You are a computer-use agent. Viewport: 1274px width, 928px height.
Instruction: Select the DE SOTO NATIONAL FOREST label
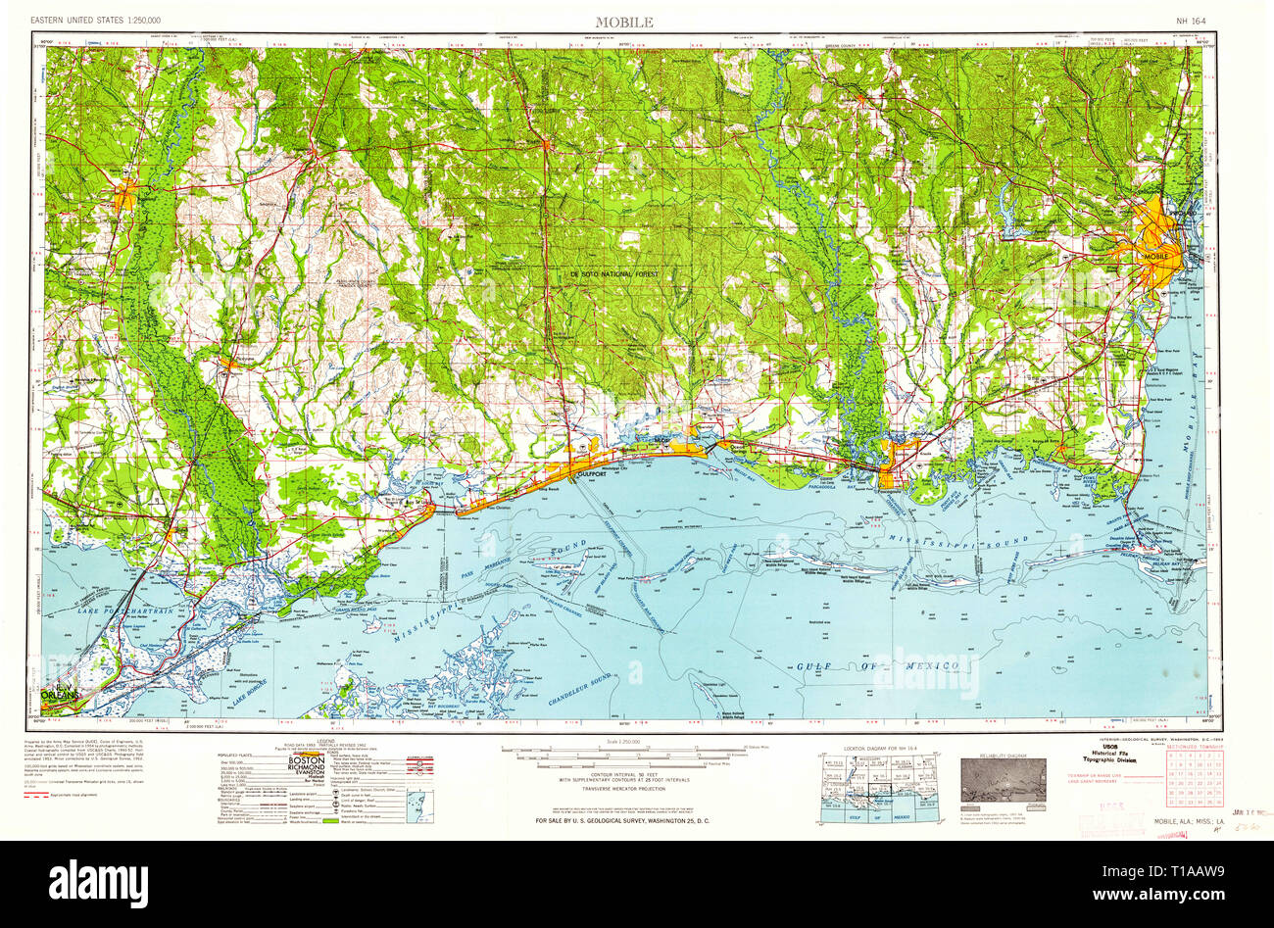click(x=615, y=275)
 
